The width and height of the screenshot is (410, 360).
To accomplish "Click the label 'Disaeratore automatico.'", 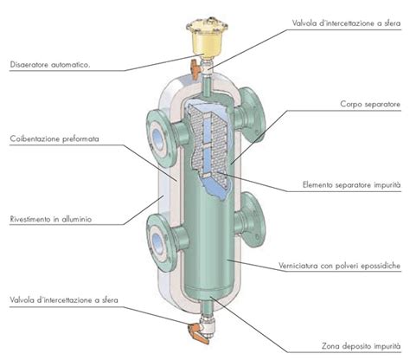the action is click(50, 64).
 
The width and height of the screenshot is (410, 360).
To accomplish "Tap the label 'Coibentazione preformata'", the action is click(54, 138).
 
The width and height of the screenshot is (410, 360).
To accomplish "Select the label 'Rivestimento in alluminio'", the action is click(51, 219).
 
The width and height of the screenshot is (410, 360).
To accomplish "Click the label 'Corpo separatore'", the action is click(370, 104).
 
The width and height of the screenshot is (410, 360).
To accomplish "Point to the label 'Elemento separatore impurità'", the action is click(351, 184).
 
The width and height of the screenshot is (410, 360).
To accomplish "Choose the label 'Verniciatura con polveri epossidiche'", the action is click(339, 266).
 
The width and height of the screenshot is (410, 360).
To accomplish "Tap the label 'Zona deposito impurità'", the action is click(362, 346).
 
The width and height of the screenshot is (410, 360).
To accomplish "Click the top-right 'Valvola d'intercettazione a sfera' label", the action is click(346, 23).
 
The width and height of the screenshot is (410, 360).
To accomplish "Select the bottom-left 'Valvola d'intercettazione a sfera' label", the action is click(64, 300).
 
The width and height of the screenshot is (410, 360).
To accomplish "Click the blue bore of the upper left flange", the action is click(157, 138).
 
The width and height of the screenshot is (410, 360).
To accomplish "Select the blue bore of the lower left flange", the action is click(157, 243).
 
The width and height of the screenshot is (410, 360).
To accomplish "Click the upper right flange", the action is click(253, 115).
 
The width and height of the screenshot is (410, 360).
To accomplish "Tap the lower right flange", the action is click(253, 220).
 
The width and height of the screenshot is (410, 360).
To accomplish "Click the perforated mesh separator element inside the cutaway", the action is click(208, 141).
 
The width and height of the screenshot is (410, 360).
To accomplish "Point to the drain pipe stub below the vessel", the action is click(207, 306).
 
